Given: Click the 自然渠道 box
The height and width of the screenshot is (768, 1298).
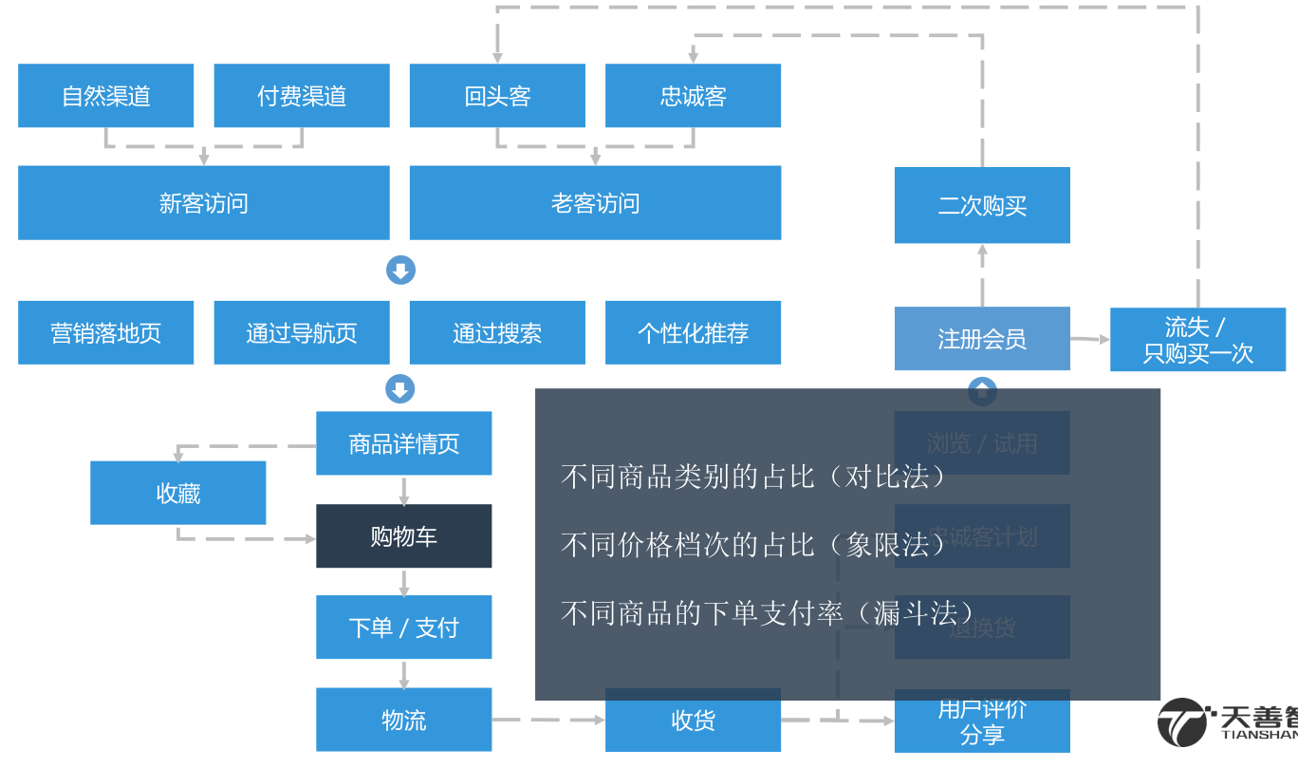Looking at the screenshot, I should (x=105, y=96).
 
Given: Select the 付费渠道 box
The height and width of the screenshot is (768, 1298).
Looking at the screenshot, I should (x=302, y=96).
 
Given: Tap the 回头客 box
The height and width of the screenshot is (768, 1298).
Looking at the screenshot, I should (x=497, y=96).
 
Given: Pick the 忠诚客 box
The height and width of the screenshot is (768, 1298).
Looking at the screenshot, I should (x=693, y=96).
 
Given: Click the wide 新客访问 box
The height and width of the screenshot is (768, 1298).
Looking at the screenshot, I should (x=203, y=203).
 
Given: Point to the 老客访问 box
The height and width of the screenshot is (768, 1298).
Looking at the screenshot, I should (x=595, y=203).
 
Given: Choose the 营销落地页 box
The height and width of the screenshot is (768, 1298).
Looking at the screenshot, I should (x=105, y=333).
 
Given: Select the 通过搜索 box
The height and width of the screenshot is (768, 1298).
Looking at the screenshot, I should (x=497, y=333).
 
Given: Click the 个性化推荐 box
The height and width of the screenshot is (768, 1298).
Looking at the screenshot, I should (x=693, y=333).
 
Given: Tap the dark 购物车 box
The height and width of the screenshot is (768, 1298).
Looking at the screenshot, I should (x=403, y=536).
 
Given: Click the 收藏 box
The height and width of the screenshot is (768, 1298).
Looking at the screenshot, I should (x=177, y=493).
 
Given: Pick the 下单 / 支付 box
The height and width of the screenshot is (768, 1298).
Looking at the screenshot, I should (x=403, y=628).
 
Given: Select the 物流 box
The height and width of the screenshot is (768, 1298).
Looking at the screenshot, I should (x=403, y=720).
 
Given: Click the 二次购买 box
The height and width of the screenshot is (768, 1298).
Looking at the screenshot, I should (x=982, y=205).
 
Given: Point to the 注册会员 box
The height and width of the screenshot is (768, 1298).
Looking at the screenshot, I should (x=982, y=339).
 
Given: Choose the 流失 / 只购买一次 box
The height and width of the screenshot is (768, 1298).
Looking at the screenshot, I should (x=1197, y=340).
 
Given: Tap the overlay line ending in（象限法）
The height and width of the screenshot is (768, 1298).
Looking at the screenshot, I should (x=754, y=544).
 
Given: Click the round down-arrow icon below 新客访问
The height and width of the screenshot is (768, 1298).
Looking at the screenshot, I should (x=400, y=271).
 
